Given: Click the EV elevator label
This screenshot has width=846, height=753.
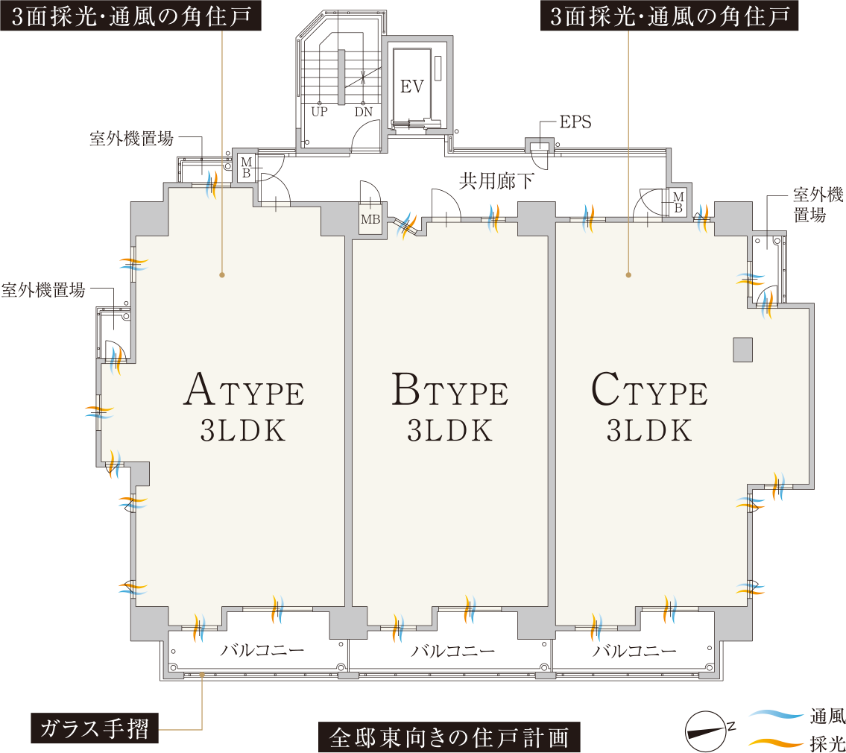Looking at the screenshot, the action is point(412,86).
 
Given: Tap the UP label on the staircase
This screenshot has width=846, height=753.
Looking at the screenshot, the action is point(320,113).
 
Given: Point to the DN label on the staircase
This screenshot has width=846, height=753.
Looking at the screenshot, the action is point(364,113).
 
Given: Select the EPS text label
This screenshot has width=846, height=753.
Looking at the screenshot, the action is point(575,122).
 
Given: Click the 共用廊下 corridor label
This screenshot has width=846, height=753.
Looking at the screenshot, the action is point(496,181).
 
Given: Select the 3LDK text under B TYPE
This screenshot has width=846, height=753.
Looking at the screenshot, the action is point(450,431).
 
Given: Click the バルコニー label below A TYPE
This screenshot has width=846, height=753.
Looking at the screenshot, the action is point(262,650).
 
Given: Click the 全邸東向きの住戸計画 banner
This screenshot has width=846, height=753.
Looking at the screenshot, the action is point(449,737).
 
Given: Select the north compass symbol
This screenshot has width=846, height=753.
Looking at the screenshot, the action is point(705,731).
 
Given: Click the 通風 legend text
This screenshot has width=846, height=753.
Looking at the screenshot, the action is point(827,716).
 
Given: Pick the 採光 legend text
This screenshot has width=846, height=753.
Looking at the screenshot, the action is point(827,743).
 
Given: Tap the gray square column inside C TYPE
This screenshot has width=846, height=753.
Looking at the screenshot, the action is point(742,350).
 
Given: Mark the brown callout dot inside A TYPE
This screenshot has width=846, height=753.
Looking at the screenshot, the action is point(222,275).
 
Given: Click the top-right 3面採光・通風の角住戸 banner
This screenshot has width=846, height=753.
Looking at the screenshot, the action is point(669,17).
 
